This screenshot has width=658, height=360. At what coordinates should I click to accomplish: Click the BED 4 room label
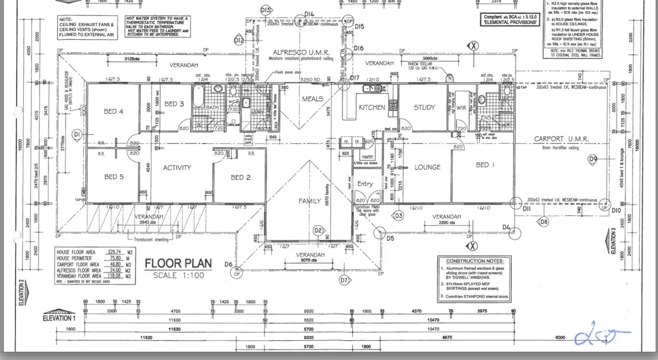(x=114, y=112)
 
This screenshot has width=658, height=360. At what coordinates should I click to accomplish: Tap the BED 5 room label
(x=114, y=177)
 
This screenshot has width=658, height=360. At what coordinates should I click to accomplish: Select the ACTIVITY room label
(x=177, y=168)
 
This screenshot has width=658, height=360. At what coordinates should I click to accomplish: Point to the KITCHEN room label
(x=372, y=108)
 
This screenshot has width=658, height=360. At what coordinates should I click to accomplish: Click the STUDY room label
(x=424, y=108)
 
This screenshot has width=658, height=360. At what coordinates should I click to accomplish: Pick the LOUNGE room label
(x=428, y=167)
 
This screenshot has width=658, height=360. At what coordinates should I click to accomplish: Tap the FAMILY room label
(x=310, y=201)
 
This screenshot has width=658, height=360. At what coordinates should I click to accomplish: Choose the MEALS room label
(x=312, y=99)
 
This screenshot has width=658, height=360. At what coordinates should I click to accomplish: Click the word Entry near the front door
(x=365, y=184)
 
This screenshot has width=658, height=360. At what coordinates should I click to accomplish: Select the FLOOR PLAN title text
(x=174, y=263)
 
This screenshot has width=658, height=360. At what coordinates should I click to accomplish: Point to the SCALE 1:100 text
(x=179, y=275)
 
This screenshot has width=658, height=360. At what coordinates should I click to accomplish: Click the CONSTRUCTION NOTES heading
(x=474, y=261)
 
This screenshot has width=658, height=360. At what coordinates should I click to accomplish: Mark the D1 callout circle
(x=77, y=134)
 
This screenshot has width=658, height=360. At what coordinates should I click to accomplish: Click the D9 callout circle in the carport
(x=593, y=160)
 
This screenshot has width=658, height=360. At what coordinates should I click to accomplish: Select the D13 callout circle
(x=266, y=10)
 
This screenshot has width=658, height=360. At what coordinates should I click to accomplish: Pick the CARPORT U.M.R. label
(x=561, y=139)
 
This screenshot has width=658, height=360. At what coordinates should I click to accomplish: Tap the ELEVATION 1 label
(x=59, y=318)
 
